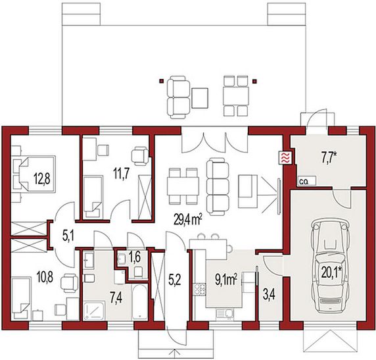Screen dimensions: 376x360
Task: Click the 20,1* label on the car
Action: click(332, 273)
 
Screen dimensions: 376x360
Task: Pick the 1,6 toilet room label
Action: click(135, 257)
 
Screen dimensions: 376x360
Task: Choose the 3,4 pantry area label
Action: click(269, 295)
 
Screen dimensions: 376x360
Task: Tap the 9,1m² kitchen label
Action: click(226, 280)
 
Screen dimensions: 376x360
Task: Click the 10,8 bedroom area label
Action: click(45, 277)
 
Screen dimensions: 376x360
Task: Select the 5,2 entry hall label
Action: click(175, 280)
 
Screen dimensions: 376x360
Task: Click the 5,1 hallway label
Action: click(68, 236)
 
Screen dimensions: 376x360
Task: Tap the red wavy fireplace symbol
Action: click(285, 158)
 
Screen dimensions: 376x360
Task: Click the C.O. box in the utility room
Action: click(307, 181)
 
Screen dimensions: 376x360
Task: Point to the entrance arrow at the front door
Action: click(175, 355)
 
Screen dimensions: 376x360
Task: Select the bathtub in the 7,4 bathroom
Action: click(139, 302)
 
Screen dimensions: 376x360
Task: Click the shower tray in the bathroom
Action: click(94, 311)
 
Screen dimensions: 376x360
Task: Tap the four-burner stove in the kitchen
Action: click(200, 289)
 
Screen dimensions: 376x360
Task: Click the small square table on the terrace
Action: click(200, 98)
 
